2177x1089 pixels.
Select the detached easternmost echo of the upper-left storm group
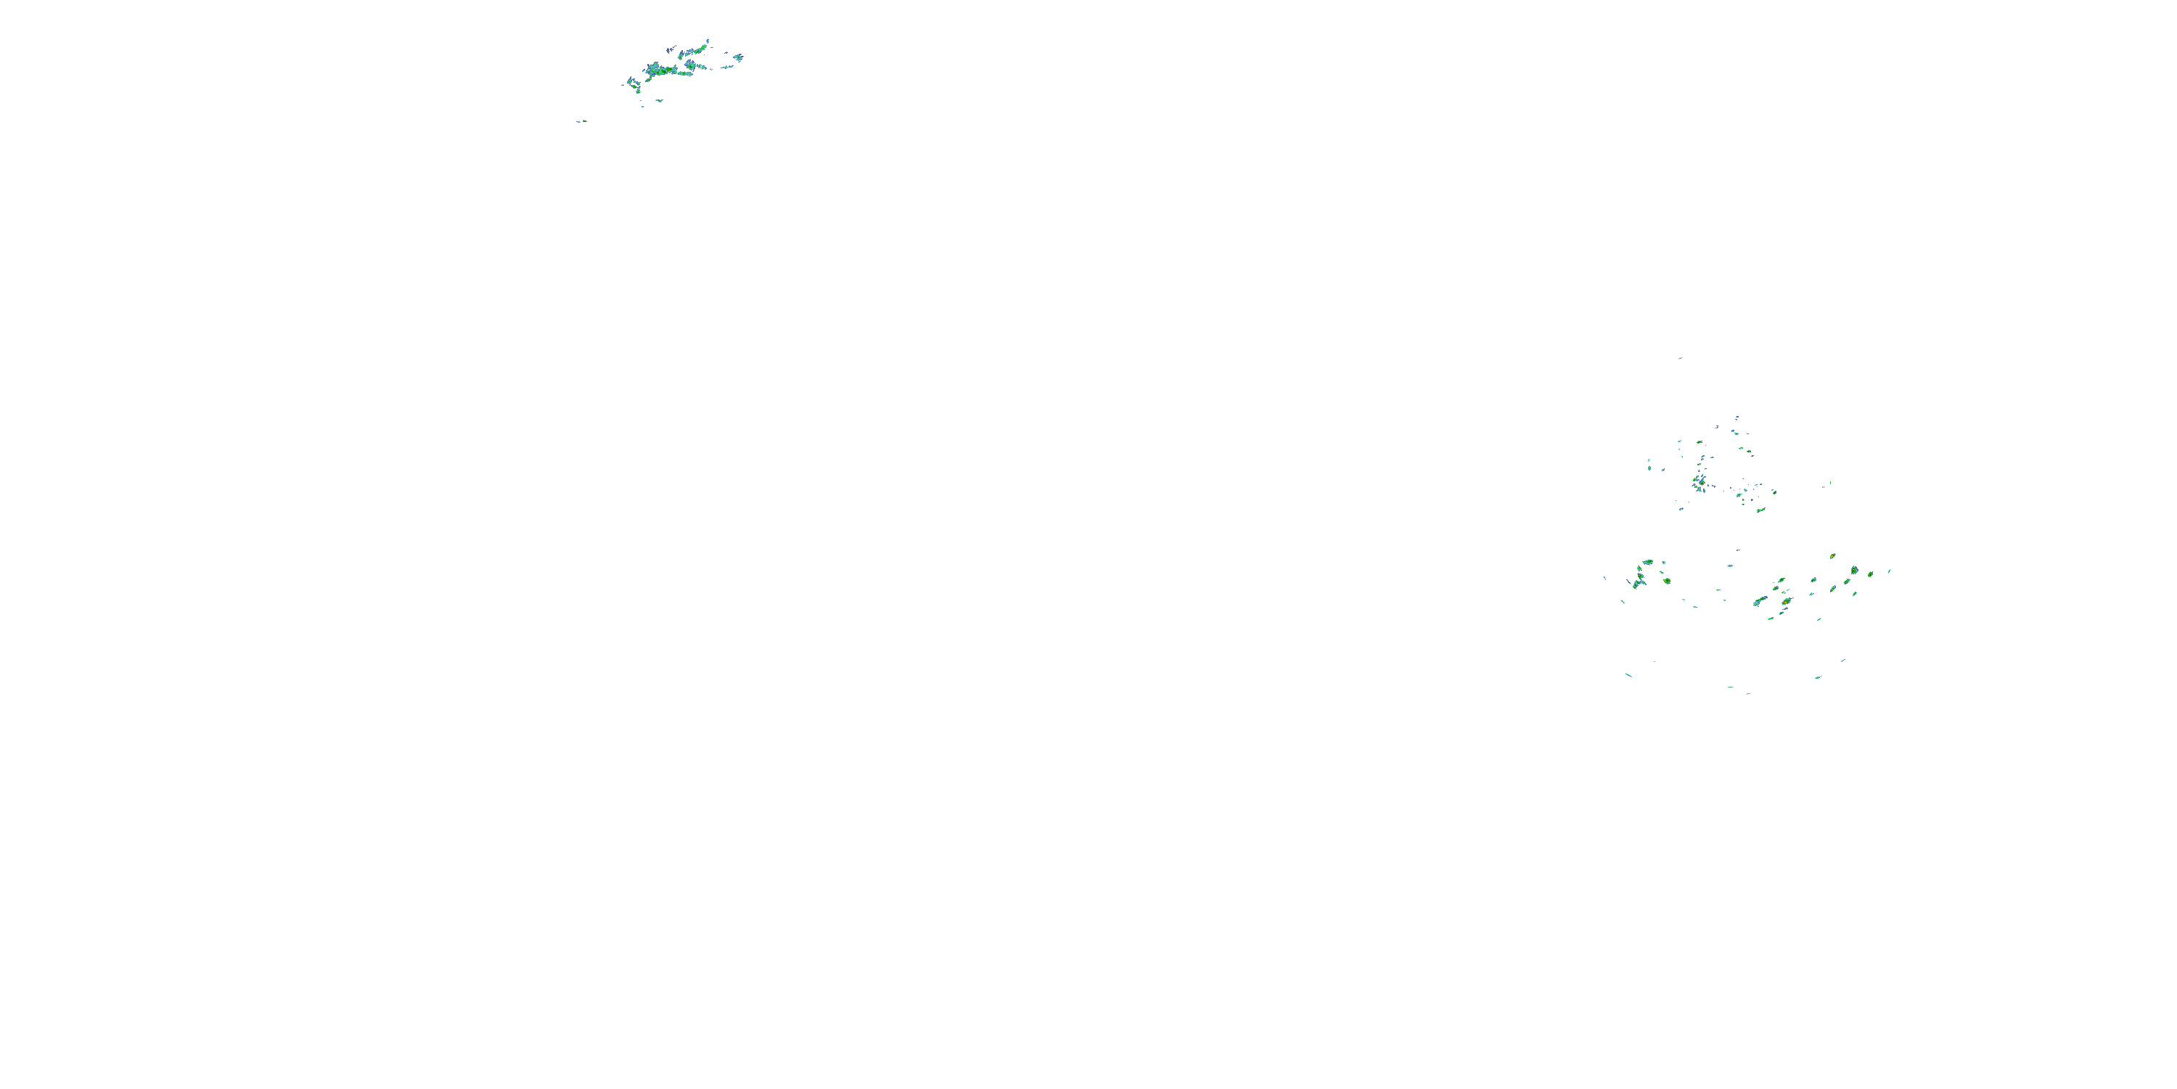[x=738, y=57]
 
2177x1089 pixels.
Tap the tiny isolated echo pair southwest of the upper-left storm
[x=581, y=122]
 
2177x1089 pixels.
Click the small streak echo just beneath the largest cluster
[x=658, y=101]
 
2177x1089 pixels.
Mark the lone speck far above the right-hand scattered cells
[x=1680, y=359]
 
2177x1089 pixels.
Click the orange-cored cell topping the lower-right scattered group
[x=1832, y=556]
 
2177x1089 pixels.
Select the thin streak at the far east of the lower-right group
[x=1890, y=571]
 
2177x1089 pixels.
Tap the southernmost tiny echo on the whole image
[x=1749, y=693]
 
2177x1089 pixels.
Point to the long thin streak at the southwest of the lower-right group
[x=1628, y=674]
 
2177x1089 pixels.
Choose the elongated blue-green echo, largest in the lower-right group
[x=1760, y=601]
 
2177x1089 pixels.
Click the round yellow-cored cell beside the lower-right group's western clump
[x=1668, y=581]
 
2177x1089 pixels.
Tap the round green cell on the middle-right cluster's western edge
[x=1649, y=468]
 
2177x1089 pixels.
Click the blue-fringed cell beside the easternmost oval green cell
[x=1855, y=571]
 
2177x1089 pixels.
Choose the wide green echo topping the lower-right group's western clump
[x=1647, y=562]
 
